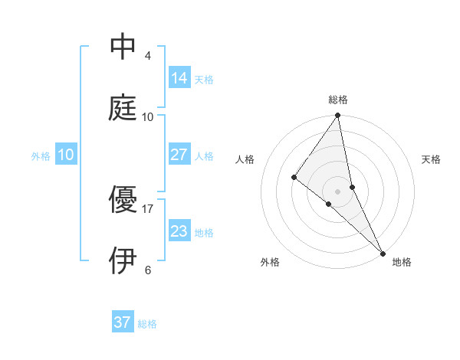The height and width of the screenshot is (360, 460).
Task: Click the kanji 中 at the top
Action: (123, 47)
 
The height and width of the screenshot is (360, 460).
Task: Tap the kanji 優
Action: (123, 201)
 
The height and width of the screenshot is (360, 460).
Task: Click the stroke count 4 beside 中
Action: (148, 56)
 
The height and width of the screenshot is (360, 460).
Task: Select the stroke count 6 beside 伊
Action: (148, 270)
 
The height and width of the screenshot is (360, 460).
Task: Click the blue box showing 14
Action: (179, 78)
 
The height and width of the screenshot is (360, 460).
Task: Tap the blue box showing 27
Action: (179, 155)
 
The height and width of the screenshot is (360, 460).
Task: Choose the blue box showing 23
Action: (179, 231)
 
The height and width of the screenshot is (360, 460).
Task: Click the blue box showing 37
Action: (123, 322)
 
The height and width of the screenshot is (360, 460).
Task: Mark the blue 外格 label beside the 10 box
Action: (41, 155)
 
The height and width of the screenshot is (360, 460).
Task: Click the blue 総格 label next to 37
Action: (147, 324)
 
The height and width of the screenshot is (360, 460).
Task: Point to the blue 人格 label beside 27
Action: (204, 155)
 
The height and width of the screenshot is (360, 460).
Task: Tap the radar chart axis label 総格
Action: (338, 100)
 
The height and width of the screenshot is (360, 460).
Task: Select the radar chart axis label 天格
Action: (432, 159)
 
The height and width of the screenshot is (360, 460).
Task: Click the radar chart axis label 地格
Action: (402, 262)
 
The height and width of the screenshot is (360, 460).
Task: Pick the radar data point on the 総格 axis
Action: (338, 116)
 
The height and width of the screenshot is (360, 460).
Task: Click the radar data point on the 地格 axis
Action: (383, 252)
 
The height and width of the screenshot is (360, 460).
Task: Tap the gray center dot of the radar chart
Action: (338, 191)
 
